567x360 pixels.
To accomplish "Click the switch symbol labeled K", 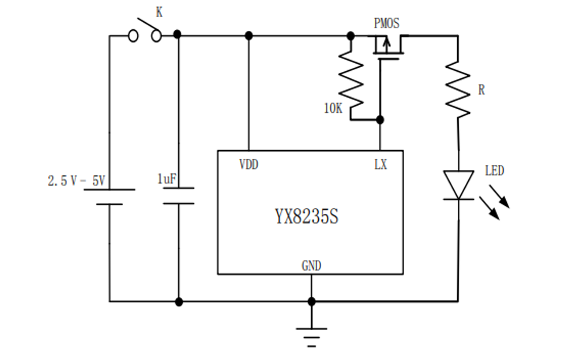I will (145, 33).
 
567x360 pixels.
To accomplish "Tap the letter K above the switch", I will (159, 12).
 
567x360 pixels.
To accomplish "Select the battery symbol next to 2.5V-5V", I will (109, 197).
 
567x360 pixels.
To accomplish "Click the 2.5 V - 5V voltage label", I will (76, 181).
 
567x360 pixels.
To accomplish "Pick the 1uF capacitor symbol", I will (179, 196).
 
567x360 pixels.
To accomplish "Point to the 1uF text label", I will (166, 179).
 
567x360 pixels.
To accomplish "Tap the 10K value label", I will (333, 108).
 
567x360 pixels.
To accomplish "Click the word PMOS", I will (387, 24).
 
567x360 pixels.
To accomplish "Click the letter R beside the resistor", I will (481, 90).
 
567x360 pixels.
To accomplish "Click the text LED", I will (494, 171).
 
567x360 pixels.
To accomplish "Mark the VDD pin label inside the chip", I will (249, 164).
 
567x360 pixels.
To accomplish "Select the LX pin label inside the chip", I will (380, 164).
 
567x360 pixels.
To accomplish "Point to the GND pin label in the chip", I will (311, 266).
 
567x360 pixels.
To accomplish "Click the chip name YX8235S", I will (307, 217).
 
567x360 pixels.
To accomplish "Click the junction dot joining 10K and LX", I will (380, 120).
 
